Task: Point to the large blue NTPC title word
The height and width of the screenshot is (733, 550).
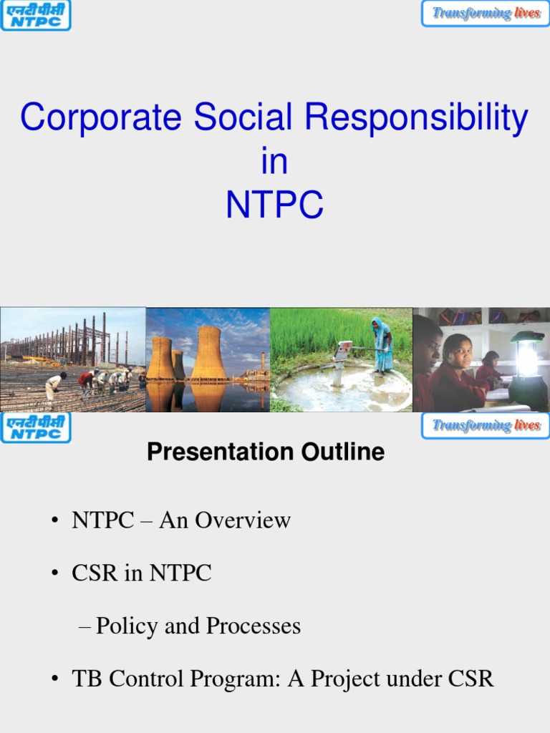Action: (x=274, y=205)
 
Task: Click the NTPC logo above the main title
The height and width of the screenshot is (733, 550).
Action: (x=35, y=15)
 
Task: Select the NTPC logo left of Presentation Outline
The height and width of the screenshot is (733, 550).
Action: (x=35, y=427)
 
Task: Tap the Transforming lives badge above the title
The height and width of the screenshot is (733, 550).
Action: (x=486, y=14)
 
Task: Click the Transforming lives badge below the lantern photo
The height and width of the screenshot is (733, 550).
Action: (x=486, y=426)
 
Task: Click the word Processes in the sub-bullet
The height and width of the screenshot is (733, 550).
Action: (x=254, y=626)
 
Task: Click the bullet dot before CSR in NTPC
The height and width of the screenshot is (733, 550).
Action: (x=54, y=574)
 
